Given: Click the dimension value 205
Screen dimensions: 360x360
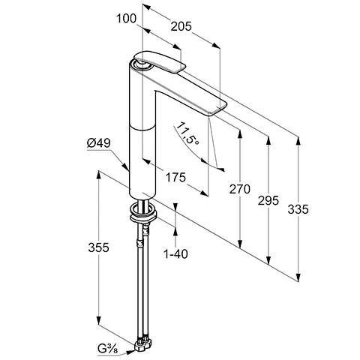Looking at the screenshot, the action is (x=181, y=26).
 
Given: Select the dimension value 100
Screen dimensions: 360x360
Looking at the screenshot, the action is (x=127, y=19).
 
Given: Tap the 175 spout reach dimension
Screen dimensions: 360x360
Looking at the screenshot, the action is (x=175, y=177).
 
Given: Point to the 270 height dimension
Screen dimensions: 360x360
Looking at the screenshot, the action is (x=240, y=189).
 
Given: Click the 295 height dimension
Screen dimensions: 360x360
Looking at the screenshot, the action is (x=268, y=200).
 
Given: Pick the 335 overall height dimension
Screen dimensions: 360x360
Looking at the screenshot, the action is (x=298, y=209).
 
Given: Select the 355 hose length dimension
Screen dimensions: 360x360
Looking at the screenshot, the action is (x=99, y=247).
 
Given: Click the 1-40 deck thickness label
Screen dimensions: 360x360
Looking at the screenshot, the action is (x=175, y=254).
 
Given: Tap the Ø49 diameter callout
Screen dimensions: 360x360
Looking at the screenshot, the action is (x=99, y=143).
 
